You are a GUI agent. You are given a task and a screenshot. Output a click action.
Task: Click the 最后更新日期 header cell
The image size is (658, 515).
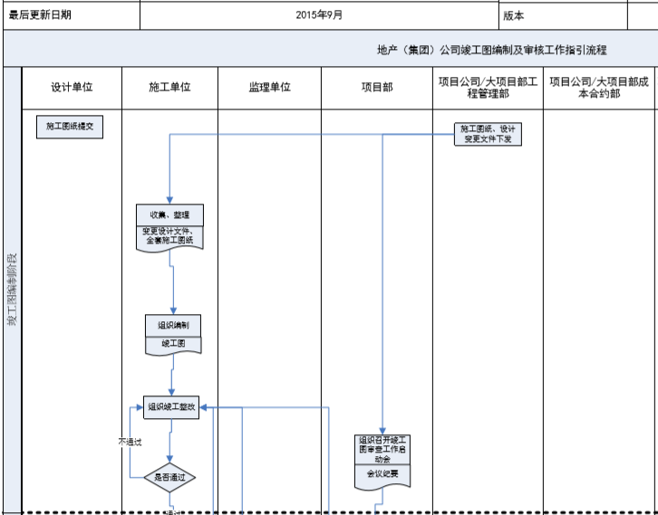click(40, 15)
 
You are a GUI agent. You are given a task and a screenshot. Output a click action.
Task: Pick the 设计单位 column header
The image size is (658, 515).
click(72, 88)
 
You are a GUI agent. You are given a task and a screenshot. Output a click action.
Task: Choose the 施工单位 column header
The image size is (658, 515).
click(169, 88)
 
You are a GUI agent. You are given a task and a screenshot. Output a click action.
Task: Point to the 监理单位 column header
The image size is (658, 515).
click(269, 88)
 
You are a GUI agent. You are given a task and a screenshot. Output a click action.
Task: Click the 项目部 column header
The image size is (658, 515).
click(376, 88)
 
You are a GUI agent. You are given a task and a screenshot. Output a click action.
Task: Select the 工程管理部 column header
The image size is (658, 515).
click(488, 88)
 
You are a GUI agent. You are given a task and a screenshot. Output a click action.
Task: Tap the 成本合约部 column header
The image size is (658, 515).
click(600, 88)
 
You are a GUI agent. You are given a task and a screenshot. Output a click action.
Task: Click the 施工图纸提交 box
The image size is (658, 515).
click(70, 127)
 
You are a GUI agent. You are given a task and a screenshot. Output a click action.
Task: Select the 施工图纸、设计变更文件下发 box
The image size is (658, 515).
click(489, 134)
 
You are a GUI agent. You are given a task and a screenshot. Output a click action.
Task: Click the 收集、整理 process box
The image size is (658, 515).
click(170, 215)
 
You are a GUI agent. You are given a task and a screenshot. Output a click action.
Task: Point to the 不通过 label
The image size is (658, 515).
click(131, 443)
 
